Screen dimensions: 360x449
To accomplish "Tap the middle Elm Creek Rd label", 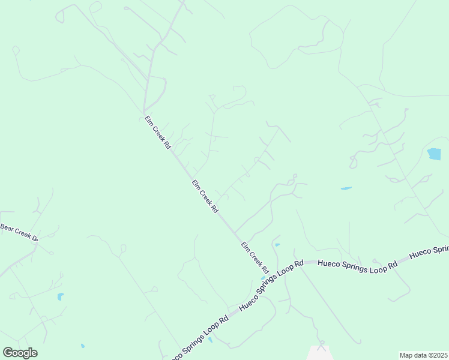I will (x=205, y=196).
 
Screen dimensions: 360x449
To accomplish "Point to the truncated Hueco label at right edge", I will (x=429, y=251).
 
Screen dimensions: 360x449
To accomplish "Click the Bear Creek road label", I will (x=19, y=232).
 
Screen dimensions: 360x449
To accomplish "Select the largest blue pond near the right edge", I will (x=433, y=154).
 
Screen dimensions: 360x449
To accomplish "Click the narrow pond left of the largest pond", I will (x=346, y=188).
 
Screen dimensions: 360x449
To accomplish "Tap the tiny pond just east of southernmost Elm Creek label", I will (x=277, y=245).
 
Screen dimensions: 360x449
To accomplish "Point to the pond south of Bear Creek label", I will (x=60, y=296).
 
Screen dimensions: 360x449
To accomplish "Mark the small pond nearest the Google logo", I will (x=82, y=346).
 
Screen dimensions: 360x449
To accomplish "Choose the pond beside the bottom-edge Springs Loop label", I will (x=210, y=340).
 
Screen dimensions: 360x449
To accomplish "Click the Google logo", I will (x=20, y=353).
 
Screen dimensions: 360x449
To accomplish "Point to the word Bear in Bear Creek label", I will (x=7, y=227).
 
